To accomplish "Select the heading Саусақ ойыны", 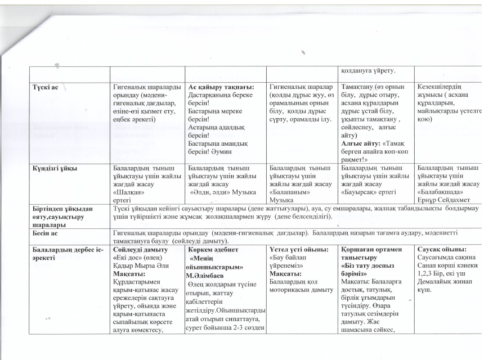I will point(441,249).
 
